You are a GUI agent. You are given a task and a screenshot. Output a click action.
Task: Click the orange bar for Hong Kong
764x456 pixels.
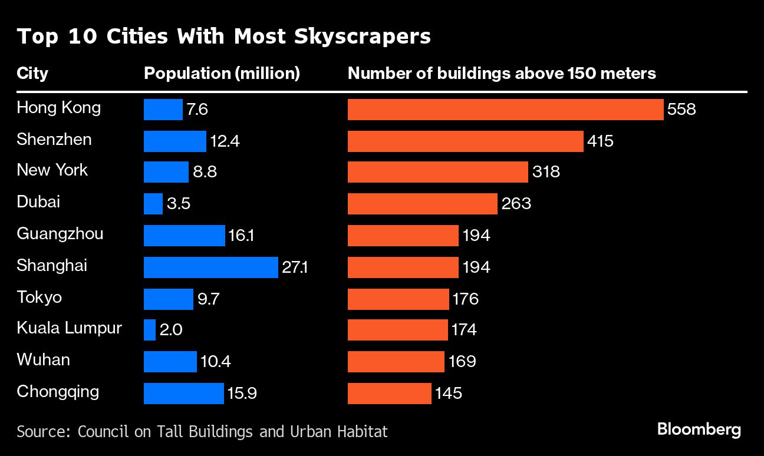tap(505, 110)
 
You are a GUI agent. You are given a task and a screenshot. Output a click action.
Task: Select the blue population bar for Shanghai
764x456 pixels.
tap(210, 267)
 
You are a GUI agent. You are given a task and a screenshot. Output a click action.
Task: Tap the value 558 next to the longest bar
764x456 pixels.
tap(682, 110)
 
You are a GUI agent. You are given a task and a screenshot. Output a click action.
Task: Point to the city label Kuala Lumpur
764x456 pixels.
tap(69, 328)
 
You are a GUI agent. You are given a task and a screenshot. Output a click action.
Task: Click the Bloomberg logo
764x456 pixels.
tap(699, 429)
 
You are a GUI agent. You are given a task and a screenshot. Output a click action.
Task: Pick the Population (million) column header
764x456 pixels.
tap(222, 74)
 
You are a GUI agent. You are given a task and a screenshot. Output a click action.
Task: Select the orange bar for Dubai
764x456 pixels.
tap(422, 204)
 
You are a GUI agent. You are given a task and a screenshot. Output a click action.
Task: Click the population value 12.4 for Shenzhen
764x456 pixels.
tap(225, 141)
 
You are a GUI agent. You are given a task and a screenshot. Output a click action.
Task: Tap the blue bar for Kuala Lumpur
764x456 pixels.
tap(150, 330)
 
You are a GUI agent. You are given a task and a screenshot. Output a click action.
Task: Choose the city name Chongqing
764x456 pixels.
tap(58, 392)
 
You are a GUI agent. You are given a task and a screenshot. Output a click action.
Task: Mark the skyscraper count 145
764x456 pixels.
tap(449, 394)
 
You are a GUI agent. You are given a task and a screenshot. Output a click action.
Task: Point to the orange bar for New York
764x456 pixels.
tap(437, 172)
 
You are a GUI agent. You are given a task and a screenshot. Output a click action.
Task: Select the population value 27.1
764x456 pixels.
tap(295, 267)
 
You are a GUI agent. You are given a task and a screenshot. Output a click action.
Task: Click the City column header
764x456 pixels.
tap(32, 74)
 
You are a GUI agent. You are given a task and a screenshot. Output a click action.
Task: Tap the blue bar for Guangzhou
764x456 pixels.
tap(184, 236)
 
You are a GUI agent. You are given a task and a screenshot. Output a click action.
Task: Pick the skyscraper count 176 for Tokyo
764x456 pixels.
tap(466, 299)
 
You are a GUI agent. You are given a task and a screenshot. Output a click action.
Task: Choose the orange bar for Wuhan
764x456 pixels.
tap(396, 362)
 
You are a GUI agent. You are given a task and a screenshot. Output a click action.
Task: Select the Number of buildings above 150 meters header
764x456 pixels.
tap(502, 74)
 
